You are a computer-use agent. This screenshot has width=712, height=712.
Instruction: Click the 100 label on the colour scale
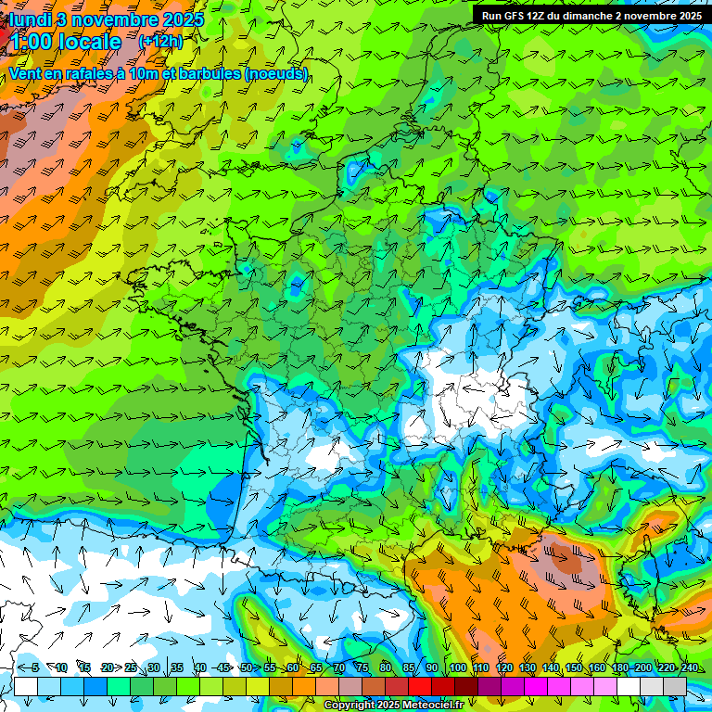tap(458, 668)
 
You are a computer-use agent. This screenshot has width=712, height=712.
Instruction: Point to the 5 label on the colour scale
tap(34, 668)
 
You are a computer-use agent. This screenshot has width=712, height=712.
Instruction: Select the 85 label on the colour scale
tap(409, 668)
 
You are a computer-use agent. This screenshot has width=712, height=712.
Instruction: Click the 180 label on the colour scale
tap(618, 668)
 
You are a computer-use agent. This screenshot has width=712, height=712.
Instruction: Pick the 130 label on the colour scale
tap(527, 668)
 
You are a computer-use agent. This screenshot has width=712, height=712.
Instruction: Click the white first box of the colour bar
tap(26, 686)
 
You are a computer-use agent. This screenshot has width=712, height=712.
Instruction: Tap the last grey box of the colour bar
tap(675, 686)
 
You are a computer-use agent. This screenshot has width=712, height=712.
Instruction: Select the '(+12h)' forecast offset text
tap(160, 41)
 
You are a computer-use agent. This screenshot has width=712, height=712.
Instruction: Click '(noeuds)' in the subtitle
tap(276, 73)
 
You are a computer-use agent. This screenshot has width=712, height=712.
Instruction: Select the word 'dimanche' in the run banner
tap(591, 16)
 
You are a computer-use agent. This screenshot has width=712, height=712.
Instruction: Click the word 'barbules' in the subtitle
tap(210, 73)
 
